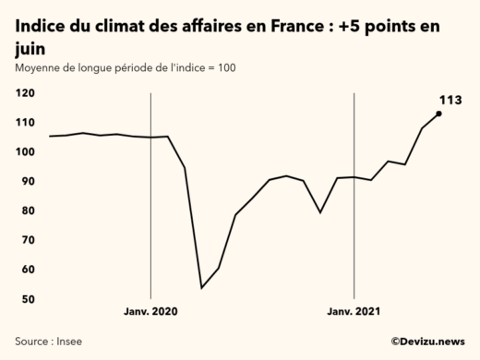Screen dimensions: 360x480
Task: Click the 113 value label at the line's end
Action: click(x=450, y=99)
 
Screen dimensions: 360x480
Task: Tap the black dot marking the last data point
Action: click(x=438, y=114)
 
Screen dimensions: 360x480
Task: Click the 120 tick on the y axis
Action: click(x=26, y=93)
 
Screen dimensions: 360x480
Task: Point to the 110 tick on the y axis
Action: click(x=26, y=123)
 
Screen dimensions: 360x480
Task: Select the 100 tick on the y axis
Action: click(x=26, y=152)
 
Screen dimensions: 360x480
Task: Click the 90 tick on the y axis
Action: click(x=28, y=182)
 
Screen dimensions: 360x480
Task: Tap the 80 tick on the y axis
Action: click(x=28, y=211)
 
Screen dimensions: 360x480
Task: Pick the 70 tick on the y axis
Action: click(x=28, y=241)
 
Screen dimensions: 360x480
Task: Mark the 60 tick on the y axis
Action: click(x=28, y=270)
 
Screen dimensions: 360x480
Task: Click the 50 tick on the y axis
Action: click(x=28, y=300)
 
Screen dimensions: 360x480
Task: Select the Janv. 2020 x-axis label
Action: click(x=150, y=312)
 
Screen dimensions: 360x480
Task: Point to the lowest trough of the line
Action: click(x=201, y=287)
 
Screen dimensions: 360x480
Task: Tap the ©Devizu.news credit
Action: click(x=427, y=342)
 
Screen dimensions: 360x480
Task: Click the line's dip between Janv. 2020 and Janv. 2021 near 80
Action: click(x=320, y=212)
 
